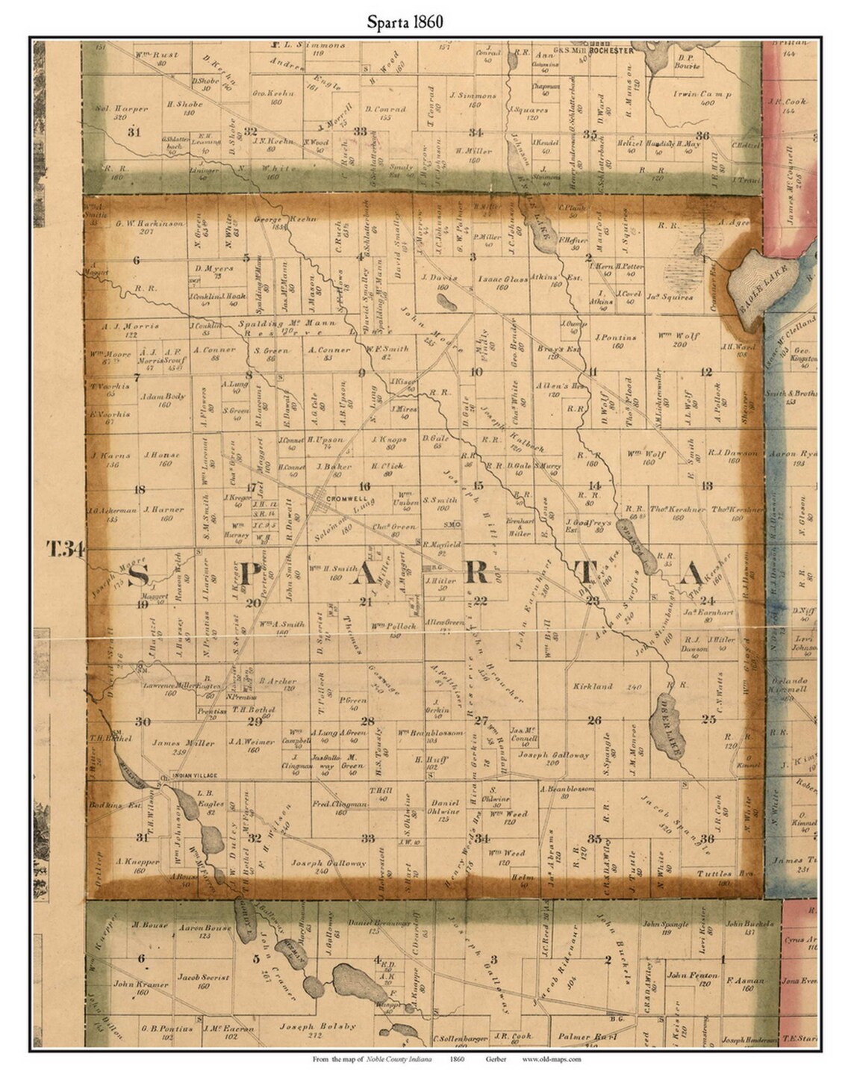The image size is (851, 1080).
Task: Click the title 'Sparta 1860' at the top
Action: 405,22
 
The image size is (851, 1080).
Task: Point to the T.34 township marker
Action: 66,550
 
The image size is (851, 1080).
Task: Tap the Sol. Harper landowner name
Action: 122,108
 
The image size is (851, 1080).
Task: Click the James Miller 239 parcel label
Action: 183,743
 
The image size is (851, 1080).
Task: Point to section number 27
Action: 481,721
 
